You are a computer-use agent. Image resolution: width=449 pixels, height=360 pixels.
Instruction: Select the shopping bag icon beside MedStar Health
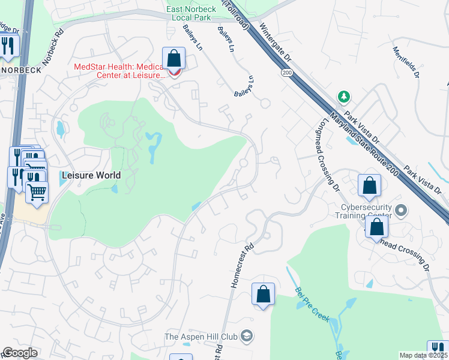pos(173,59)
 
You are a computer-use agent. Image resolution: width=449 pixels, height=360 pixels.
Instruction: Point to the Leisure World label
pos(91,176)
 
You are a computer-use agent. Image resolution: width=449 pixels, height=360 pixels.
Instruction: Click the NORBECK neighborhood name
pos(22,70)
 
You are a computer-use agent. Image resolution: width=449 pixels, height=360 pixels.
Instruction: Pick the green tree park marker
pos(343,96)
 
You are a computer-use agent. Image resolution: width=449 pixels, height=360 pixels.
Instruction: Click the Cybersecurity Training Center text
pos(362,211)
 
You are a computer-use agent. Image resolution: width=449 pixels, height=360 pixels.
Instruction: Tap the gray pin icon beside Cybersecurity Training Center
pos(402,211)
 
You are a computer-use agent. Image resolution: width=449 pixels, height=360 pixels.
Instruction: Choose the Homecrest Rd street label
pos(242,263)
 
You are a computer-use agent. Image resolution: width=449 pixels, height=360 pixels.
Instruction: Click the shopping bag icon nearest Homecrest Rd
pos(263,294)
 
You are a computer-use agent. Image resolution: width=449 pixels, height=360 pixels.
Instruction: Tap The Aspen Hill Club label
pos(201,336)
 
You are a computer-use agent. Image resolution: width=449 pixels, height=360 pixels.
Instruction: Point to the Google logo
pos(20,353)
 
